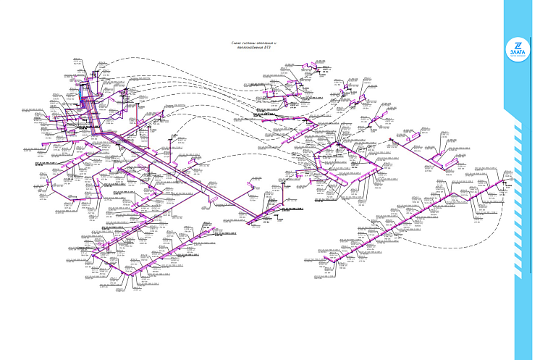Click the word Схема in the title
pos(237,43)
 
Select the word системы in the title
pos(251,43)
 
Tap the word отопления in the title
pos(267,43)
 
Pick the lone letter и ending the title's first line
pos(277,43)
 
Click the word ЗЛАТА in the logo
pos(518,51)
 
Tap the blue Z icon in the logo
pos(518,43)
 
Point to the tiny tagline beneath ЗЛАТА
pos(518,55)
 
